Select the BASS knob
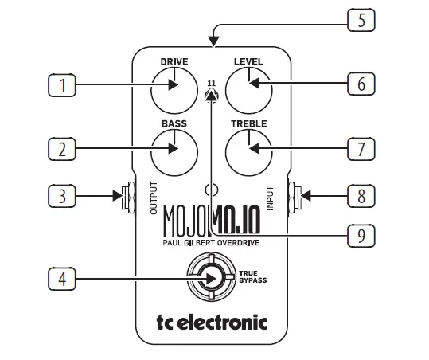174,149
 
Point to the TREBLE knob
248,149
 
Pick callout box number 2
61,149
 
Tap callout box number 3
61,194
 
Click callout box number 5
361,19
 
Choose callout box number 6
361,83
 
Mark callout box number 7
361,148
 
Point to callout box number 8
361,194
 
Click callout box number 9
361,236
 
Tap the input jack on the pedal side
295,194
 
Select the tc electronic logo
211,323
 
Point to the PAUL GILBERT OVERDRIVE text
211,240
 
